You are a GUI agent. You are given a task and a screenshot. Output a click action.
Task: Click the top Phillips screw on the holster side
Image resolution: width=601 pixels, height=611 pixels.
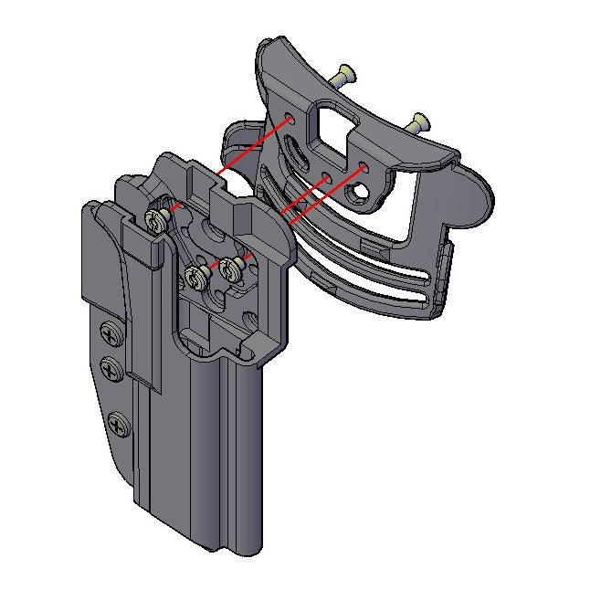pyautogui.click(x=110, y=335)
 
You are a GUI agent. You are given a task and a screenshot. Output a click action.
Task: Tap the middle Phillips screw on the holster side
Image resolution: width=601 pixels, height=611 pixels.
pyautogui.click(x=111, y=370)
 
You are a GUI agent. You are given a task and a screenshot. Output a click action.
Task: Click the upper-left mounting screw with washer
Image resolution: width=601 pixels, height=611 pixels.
pyautogui.click(x=156, y=218)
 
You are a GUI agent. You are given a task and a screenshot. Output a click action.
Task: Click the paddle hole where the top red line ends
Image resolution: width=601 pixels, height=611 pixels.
pyautogui.click(x=289, y=118)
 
